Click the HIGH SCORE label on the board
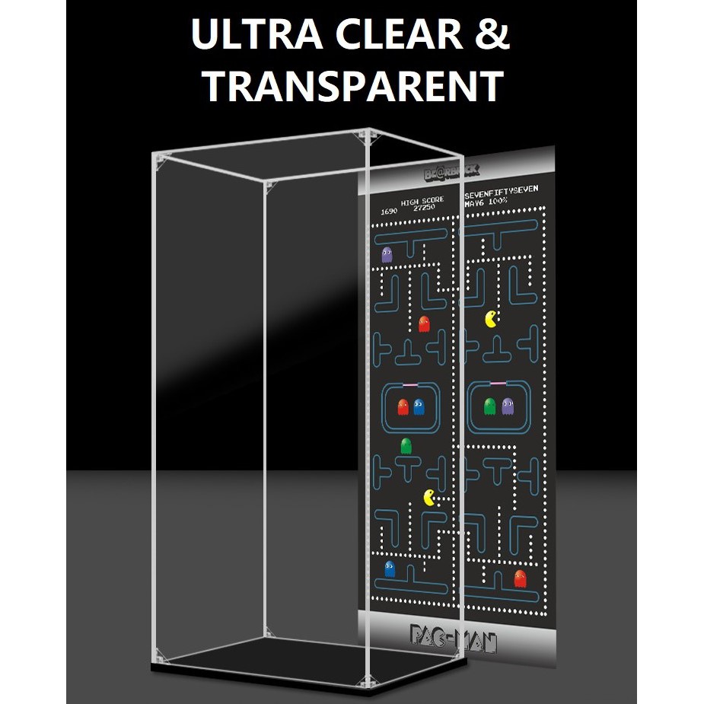(x=422, y=200)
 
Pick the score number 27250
(x=424, y=208)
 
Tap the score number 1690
(x=389, y=210)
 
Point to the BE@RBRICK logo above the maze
(x=451, y=173)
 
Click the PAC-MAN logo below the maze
(x=453, y=636)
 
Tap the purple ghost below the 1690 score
(x=387, y=254)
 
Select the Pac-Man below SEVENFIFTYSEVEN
(x=492, y=318)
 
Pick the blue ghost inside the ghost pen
(x=419, y=406)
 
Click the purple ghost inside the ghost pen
(x=508, y=406)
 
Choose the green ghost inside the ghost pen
(x=490, y=406)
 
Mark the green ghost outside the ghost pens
(x=406, y=446)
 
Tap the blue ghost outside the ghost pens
(x=390, y=568)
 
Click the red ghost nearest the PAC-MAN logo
(x=520, y=578)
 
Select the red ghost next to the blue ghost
(x=403, y=407)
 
